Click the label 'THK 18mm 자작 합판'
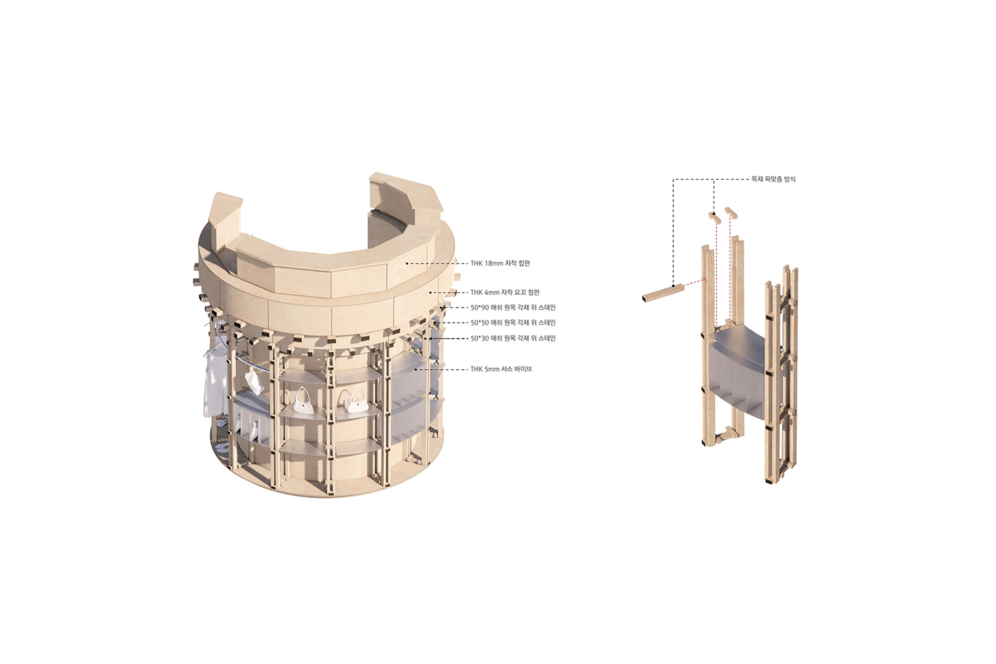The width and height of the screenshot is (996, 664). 500,264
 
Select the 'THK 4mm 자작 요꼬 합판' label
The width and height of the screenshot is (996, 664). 505,292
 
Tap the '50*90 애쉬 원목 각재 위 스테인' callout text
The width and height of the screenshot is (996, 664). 513,307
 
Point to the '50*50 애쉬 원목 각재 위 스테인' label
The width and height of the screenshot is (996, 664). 513,323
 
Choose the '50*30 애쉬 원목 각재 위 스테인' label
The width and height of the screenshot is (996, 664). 513,338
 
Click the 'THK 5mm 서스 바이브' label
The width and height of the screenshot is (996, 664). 501,369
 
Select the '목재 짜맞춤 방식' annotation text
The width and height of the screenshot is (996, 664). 774,179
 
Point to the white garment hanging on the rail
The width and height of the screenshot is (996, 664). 215,382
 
